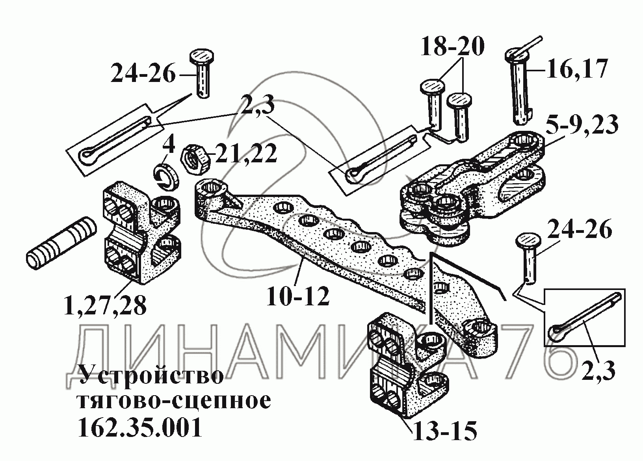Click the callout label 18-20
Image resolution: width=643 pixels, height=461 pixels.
pos(453,46)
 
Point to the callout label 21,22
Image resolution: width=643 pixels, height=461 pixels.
pos(246,154)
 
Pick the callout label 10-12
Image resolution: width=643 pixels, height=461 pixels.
pos(298,296)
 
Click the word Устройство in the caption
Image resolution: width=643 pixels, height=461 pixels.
pos(151,375)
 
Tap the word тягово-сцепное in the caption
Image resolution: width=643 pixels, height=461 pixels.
pos(175,401)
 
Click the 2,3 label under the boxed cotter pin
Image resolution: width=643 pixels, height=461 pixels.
pos(598,371)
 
